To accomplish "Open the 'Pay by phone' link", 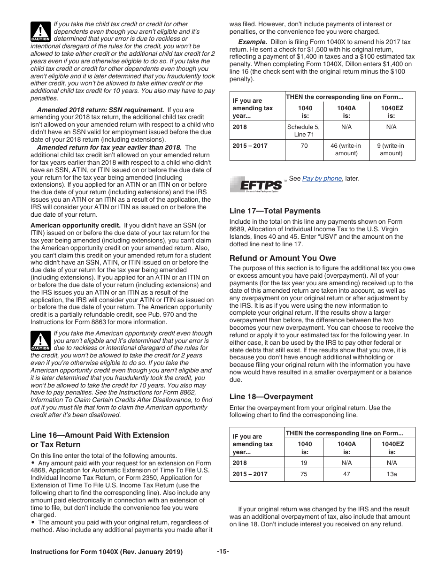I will click(322, 178).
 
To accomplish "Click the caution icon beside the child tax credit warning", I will click(40, 31).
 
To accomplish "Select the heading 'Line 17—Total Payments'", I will click(275, 211).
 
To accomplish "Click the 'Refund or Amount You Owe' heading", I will click(283, 258).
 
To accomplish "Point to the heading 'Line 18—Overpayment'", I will click(271, 396).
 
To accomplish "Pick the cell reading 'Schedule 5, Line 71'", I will click(304, 130).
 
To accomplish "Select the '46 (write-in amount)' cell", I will click(346, 149).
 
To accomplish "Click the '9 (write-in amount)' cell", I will click(392, 149).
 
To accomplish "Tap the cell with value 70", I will click(304, 146).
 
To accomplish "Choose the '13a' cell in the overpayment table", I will click(392, 474).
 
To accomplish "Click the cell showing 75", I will click(304, 474).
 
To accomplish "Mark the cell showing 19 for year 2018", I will click(304, 463).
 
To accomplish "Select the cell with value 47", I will click(346, 474).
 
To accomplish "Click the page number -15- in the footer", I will click(223, 551).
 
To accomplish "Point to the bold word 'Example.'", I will click(253, 42).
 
